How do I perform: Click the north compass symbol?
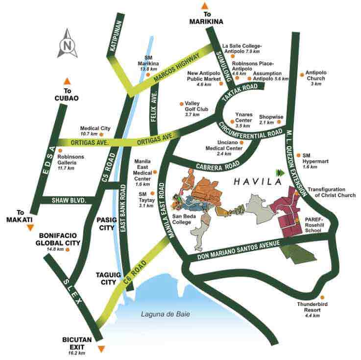coord(67,44)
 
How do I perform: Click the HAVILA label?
coord(251,181)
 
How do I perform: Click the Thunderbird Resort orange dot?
coord(322,297)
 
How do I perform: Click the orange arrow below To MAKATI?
coord(30,228)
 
